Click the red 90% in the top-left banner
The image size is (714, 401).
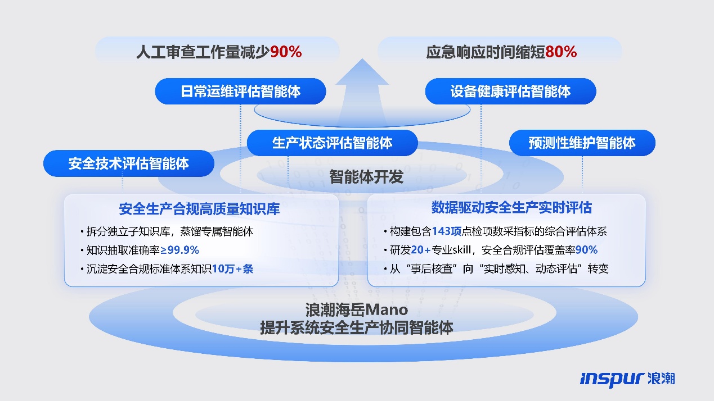point(286,52)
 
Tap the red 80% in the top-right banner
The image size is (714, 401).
point(561,52)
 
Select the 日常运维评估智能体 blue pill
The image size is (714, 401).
point(240,92)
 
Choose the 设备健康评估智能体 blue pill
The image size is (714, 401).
point(511,92)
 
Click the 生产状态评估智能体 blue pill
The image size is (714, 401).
point(333,143)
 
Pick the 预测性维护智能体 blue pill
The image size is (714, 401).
point(582,143)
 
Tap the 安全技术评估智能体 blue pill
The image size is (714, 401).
point(129,163)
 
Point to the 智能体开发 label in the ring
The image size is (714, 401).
point(366,176)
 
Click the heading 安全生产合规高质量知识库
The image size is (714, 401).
point(199,209)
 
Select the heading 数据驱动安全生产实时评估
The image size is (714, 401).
point(511,208)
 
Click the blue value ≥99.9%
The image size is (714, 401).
point(180,250)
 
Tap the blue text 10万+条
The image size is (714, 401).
point(233,269)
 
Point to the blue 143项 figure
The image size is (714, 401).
point(447,231)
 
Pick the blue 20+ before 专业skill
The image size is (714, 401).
point(421,250)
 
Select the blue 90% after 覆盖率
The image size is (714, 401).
point(586,250)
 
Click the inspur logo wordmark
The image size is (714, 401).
point(612,379)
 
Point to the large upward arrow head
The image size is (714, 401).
point(362,72)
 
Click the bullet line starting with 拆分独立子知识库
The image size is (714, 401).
point(167,231)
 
